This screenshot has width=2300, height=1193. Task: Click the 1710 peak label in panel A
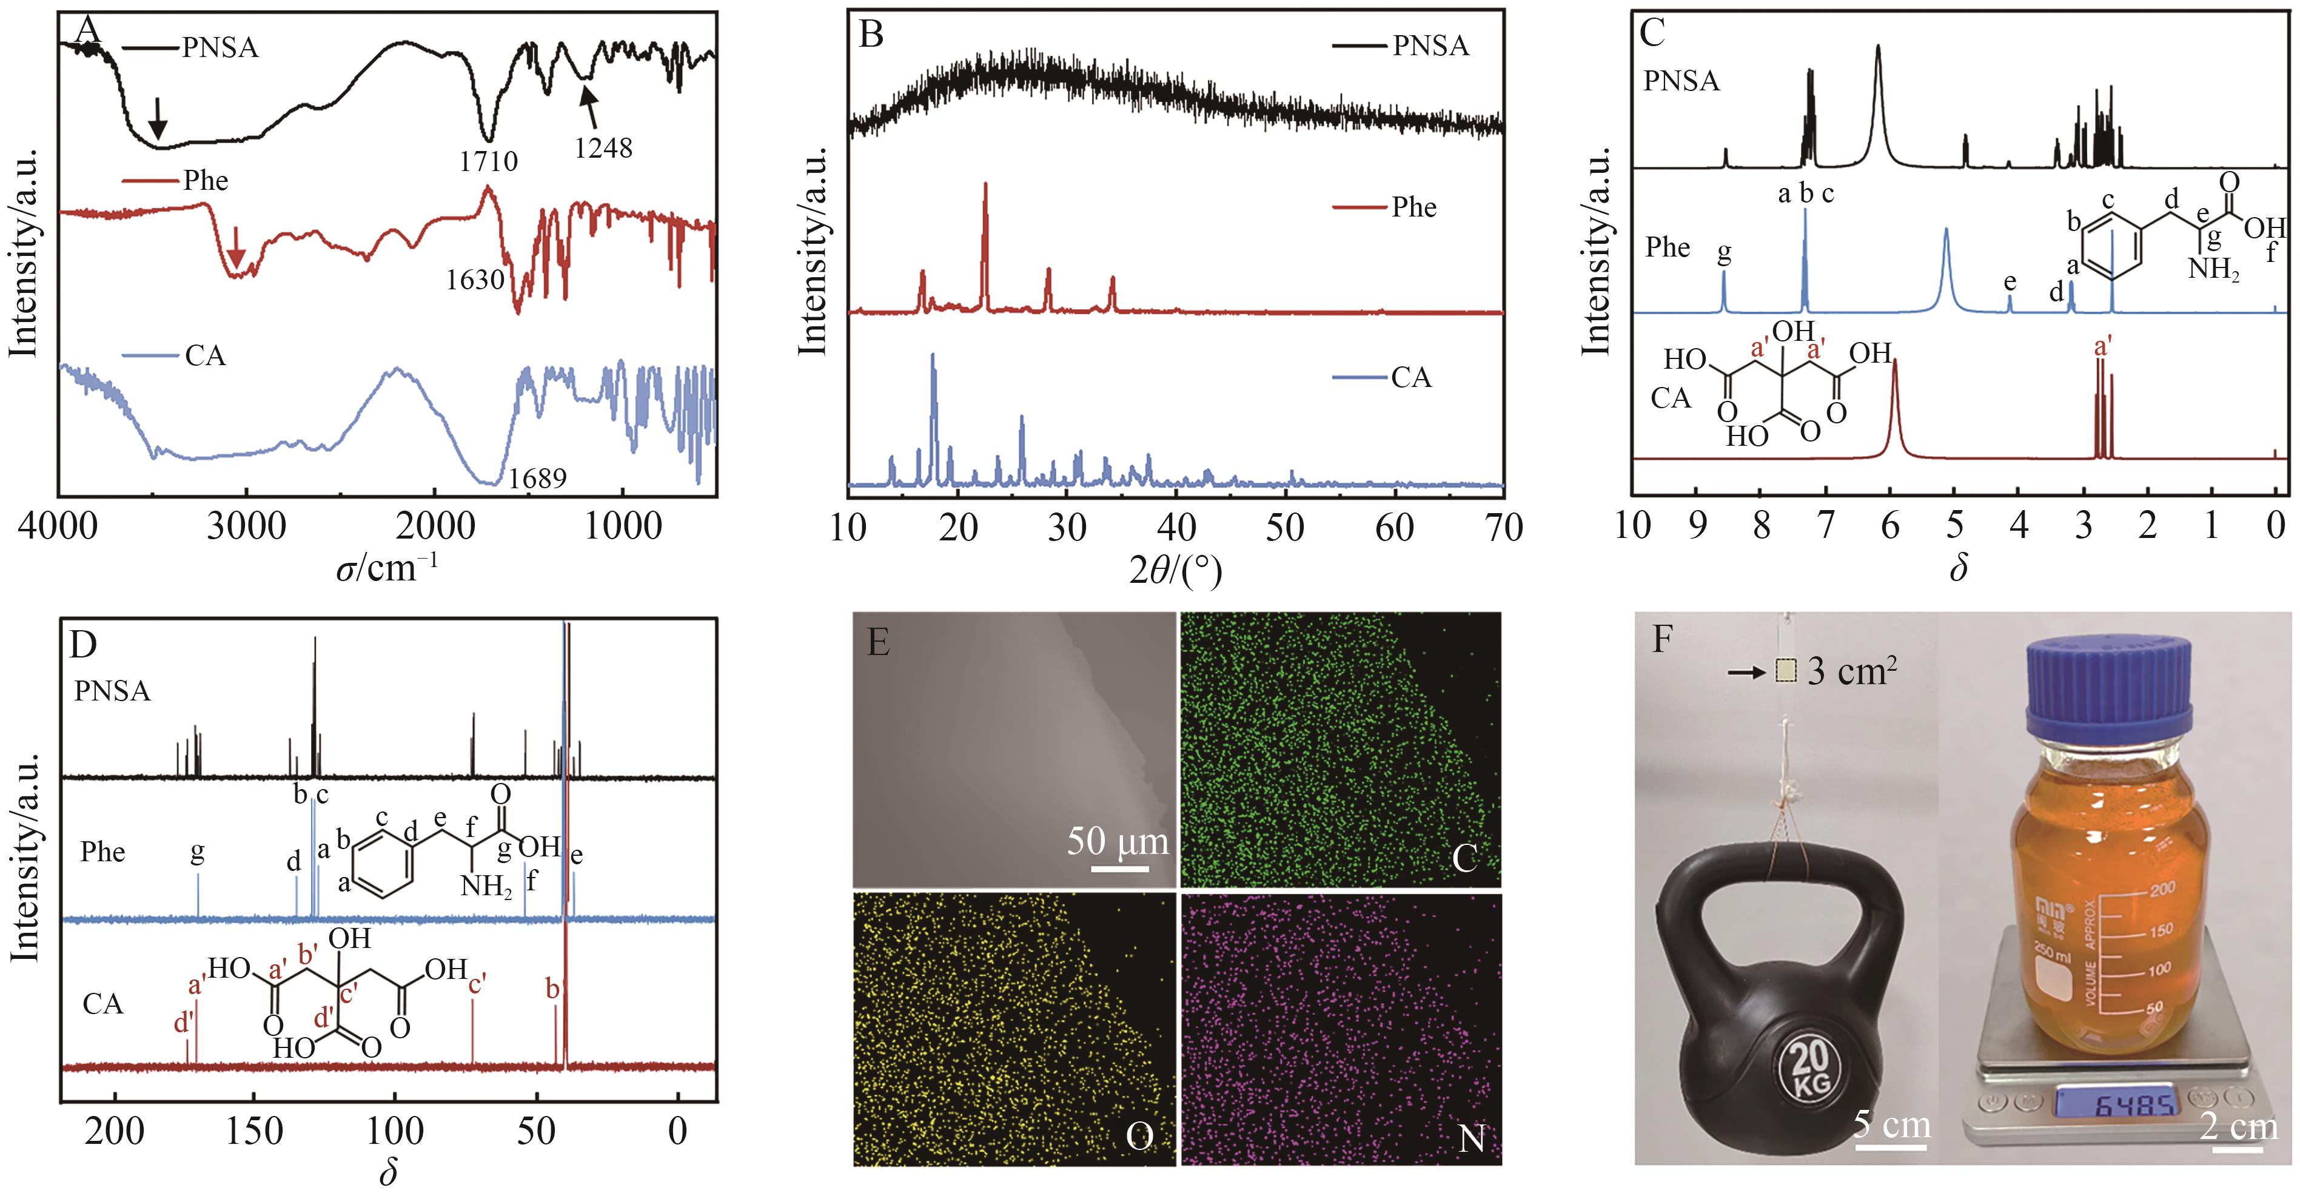(488, 161)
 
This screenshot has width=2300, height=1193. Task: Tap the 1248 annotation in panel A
(603, 147)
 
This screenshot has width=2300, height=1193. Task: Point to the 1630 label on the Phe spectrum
(475, 280)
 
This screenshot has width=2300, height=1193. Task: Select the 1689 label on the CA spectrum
(537, 479)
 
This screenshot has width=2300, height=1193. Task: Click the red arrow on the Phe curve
(236, 246)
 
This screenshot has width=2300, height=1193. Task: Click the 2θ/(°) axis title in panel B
(1175, 569)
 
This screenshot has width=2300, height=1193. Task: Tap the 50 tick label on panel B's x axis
(1285, 528)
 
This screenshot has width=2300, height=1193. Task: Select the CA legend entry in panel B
(1410, 378)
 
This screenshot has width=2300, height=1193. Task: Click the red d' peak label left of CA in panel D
(184, 1023)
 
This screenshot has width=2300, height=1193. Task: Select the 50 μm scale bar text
(1117, 841)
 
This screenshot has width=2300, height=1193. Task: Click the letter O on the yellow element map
(1139, 1136)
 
